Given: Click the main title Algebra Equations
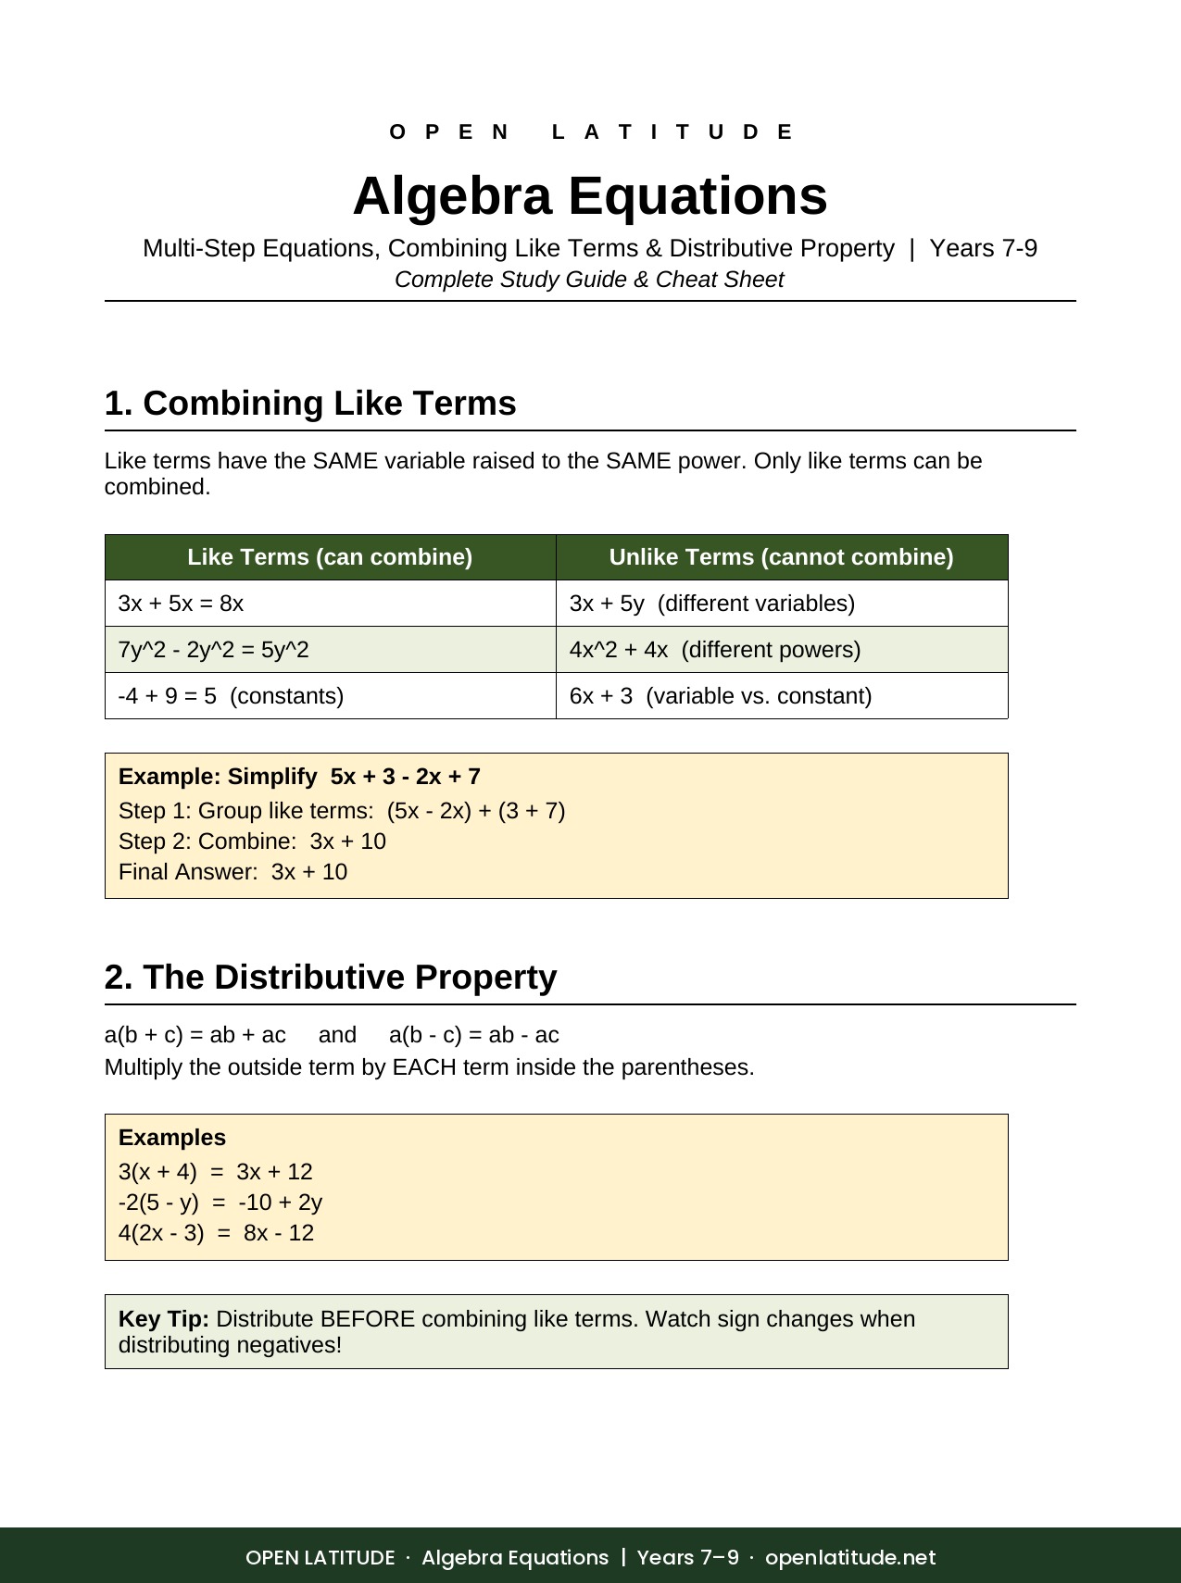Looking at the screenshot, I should (x=590, y=196).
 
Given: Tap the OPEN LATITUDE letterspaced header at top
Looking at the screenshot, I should (x=590, y=132).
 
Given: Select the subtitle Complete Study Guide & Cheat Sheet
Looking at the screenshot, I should (x=589, y=280).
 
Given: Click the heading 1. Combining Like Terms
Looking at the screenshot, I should (x=310, y=404).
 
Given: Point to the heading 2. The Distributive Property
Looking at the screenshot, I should (x=331, y=978).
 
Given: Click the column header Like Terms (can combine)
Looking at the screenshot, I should (x=330, y=557).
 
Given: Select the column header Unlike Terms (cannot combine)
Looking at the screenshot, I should (x=781, y=557).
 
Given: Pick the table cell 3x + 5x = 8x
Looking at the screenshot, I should (x=182, y=604).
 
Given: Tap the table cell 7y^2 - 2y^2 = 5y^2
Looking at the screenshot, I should (x=214, y=650).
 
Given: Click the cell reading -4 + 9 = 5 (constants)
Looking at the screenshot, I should (x=232, y=696).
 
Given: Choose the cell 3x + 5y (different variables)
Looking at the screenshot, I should (x=712, y=604).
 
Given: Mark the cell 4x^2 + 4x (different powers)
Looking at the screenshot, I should (x=715, y=650).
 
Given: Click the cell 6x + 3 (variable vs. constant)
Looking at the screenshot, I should (x=721, y=696).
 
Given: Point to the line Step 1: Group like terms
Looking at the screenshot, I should (x=342, y=811).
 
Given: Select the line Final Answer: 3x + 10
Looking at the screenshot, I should (x=233, y=872).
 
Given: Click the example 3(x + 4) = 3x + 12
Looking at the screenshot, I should (x=216, y=1172).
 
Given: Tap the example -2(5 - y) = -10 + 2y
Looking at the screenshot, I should (x=220, y=1203).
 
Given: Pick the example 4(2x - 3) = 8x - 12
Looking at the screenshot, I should (x=217, y=1233).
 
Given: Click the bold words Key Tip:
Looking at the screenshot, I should (x=164, y=1319).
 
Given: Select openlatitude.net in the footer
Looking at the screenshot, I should (x=850, y=1557).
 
